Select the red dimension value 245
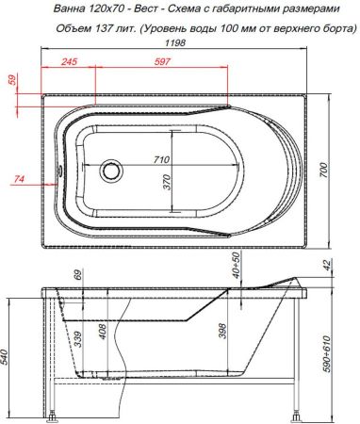[68, 62]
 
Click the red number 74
[20, 178]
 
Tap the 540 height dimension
[9, 358]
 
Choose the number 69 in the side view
[79, 277]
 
